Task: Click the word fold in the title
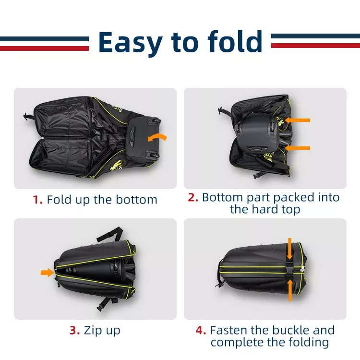click(235, 41)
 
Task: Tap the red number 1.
click(37, 200)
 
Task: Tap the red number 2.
click(193, 197)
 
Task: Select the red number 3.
click(75, 330)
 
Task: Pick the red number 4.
click(201, 330)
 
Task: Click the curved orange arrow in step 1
click(157, 138)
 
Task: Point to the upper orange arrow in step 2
click(297, 120)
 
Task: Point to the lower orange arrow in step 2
click(297, 148)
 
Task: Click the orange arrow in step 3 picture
click(48, 273)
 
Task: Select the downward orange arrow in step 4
click(290, 249)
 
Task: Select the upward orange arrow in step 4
click(290, 290)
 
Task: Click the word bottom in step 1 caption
click(136, 200)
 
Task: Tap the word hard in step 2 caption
click(264, 209)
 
